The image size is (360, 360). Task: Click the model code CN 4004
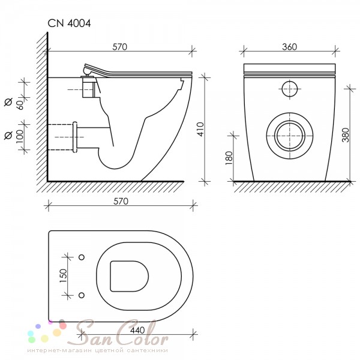(x=69, y=23)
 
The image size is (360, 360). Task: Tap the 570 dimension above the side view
(x=119, y=47)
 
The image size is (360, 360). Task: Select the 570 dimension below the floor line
(x=121, y=202)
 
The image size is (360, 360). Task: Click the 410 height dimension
(x=200, y=129)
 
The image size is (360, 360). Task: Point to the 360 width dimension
(x=290, y=47)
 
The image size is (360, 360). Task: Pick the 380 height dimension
(x=346, y=135)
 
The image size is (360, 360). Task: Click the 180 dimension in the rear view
(x=229, y=158)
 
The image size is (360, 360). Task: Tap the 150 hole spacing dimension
(x=63, y=275)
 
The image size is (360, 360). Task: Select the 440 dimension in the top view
(x=137, y=330)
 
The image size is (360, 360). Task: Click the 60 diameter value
(x=20, y=105)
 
